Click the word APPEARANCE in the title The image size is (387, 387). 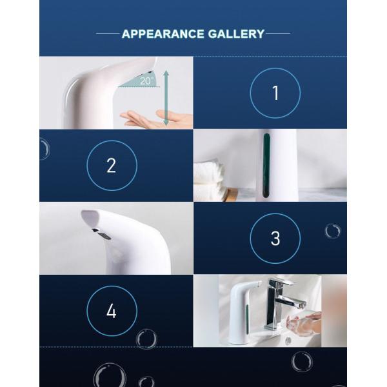[x=163, y=34]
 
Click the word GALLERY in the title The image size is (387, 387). [x=236, y=34]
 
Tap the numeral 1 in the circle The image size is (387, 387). [x=275, y=93]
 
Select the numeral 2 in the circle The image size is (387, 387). [x=112, y=166]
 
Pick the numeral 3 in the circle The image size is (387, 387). [x=275, y=238]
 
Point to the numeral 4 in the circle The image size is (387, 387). [x=112, y=311]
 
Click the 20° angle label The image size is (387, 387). [x=146, y=81]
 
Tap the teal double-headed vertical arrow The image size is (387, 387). [x=166, y=97]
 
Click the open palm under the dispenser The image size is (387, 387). [x=155, y=119]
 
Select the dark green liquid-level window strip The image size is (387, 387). [x=266, y=165]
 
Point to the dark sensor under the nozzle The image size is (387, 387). [x=102, y=233]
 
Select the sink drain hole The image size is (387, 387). [x=288, y=341]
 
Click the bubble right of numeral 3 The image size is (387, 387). [x=332, y=232]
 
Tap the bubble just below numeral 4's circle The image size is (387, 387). [x=146, y=339]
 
